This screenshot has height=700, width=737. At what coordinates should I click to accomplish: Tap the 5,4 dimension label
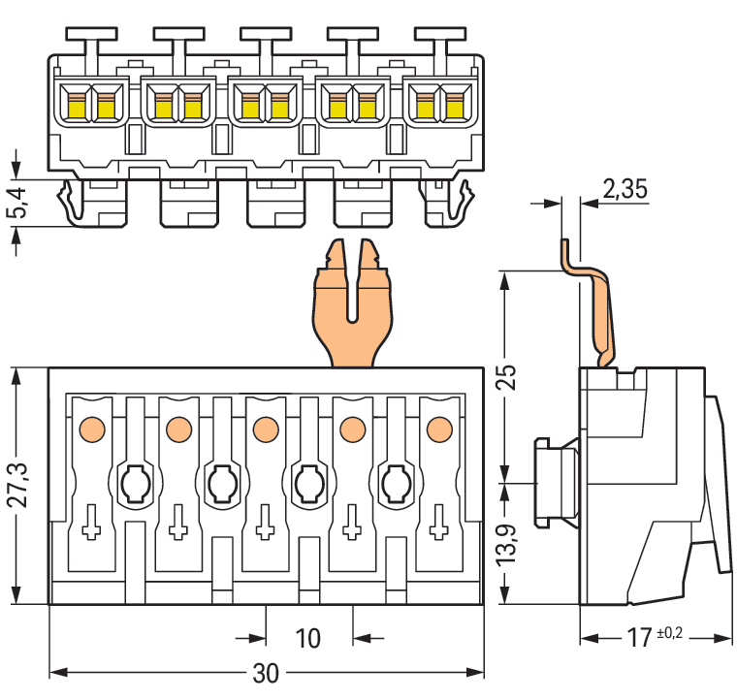coord(16,201)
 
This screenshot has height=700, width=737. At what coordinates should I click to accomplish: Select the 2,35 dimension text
coord(624,189)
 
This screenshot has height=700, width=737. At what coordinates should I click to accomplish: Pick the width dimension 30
coord(265,673)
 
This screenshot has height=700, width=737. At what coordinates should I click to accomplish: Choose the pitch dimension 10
coord(307,638)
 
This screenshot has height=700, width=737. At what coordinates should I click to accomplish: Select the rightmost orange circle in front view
coord(438,427)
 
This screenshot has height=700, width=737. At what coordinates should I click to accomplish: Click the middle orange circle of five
coord(265,427)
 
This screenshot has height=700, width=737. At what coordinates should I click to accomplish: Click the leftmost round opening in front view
coord(135,480)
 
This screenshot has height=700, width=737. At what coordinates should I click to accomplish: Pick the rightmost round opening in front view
coord(395,480)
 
